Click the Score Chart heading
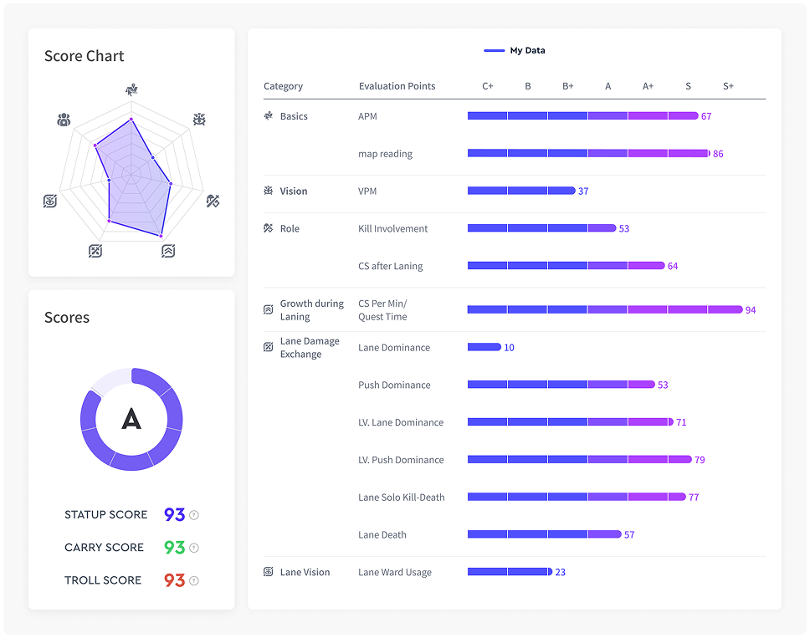pyautogui.click(x=84, y=56)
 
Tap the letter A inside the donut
pyautogui.click(x=131, y=419)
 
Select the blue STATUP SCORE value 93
pyautogui.click(x=174, y=515)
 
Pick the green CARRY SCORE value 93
pyautogui.click(x=174, y=548)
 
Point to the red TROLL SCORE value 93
pyautogui.click(x=174, y=580)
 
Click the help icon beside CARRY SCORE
pyautogui.click(x=194, y=548)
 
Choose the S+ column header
pyautogui.click(x=728, y=86)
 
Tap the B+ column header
pyautogui.click(x=568, y=86)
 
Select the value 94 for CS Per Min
pyautogui.click(x=751, y=310)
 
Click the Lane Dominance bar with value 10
pyautogui.click(x=484, y=347)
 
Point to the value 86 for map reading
pyautogui.click(x=718, y=154)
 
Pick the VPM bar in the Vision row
pyautogui.click(x=520, y=191)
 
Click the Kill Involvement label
pyautogui.click(x=392, y=228)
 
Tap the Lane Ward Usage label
pyautogui.click(x=395, y=572)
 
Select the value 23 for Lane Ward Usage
pyautogui.click(x=561, y=573)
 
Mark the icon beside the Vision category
pyautogui.click(x=269, y=191)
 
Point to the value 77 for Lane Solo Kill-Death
pyautogui.click(x=694, y=498)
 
